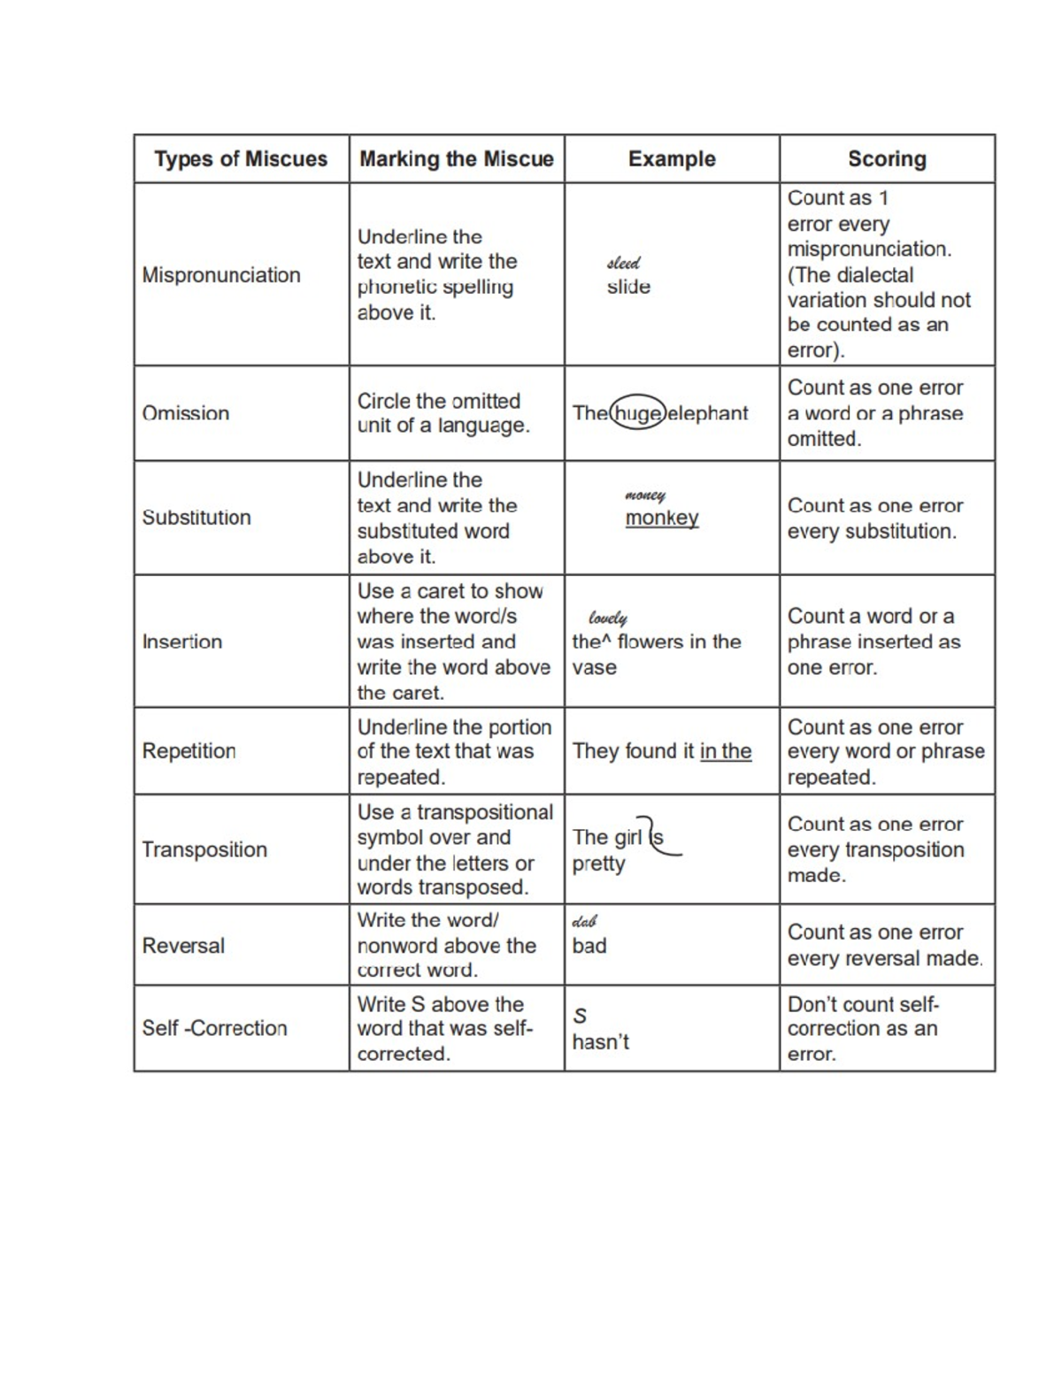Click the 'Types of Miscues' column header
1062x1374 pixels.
(241, 159)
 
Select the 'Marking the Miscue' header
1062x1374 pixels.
(456, 159)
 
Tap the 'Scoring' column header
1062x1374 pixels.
(887, 159)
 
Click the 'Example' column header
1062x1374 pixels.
(672, 159)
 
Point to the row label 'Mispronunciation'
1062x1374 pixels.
(221, 275)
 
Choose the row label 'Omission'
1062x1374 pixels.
(186, 413)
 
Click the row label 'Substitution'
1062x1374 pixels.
(196, 518)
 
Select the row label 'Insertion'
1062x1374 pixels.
(182, 641)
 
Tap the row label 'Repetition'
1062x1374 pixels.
(189, 751)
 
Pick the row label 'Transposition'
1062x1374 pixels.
(204, 849)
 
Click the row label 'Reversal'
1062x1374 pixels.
(183, 946)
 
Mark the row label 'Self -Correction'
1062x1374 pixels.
(215, 1028)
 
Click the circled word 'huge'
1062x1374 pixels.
(637, 413)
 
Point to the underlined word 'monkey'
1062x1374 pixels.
(662, 518)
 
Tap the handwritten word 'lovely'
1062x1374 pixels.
(608, 618)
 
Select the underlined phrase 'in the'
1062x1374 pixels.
(726, 751)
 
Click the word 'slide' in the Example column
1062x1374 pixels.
(628, 287)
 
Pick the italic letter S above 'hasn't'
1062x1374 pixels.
(580, 1016)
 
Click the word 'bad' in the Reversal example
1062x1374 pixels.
(589, 946)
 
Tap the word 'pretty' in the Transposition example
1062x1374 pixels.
(598, 864)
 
